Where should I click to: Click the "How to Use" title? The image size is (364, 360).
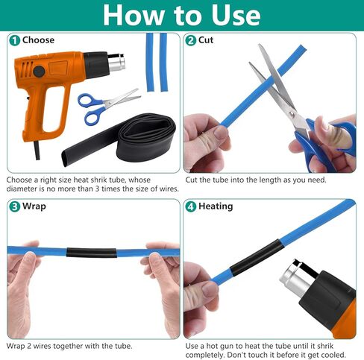(181, 15)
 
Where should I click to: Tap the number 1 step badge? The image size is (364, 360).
(14, 40)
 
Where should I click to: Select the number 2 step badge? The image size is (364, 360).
(191, 40)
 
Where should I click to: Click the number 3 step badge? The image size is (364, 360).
(14, 206)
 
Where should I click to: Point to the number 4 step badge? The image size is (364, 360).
(191, 206)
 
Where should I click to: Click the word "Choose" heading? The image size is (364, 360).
(38, 40)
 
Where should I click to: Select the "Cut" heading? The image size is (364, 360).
(206, 40)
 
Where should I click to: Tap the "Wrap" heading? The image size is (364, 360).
(34, 206)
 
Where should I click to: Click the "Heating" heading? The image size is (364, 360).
(216, 206)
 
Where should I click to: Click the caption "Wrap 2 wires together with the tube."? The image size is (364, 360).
(69, 346)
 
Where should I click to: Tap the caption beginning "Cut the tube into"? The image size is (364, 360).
(257, 180)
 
